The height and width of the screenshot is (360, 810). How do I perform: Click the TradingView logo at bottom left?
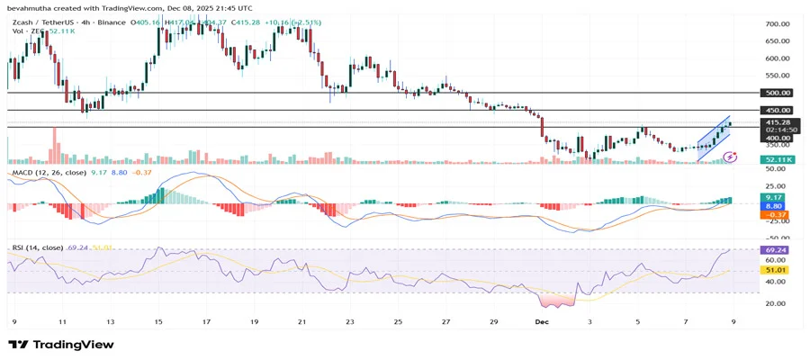61,344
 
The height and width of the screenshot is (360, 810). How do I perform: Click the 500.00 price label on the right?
777,93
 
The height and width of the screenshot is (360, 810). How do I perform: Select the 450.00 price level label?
777,110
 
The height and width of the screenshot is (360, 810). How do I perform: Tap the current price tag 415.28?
777,121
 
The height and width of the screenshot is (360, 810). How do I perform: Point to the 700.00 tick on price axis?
777,24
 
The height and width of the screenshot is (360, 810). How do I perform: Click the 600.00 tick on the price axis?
777,58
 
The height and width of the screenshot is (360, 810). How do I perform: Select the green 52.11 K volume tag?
777,159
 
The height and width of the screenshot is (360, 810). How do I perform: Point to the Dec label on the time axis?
542,320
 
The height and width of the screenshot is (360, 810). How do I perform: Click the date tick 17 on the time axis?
206,320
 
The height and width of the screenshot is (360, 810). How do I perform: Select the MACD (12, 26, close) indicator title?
49,172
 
